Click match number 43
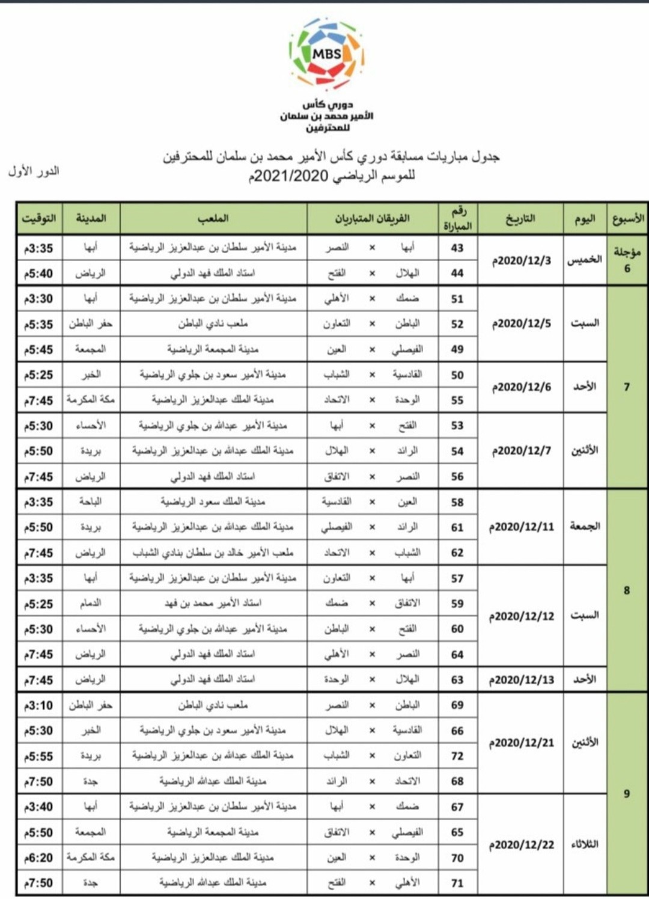click(x=457, y=248)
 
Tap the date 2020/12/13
click(x=521, y=680)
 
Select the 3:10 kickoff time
click(x=38, y=705)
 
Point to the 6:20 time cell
click(x=38, y=858)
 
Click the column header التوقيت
click(x=38, y=218)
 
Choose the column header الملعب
click(x=213, y=218)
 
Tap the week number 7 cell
click(x=627, y=387)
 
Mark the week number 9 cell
click(x=627, y=794)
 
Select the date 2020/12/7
click(x=521, y=451)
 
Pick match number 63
click(x=457, y=680)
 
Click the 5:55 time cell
click(x=38, y=756)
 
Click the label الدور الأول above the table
click(x=34, y=171)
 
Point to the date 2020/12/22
click(x=521, y=845)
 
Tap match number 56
click(x=457, y=477)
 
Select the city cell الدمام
click(x=91, y=603)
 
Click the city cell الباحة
click(x=91, y=502)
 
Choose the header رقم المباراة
click(x=457, y=218)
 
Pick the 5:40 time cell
click(x=38, y=274)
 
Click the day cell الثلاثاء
click(x=585, y=845)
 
